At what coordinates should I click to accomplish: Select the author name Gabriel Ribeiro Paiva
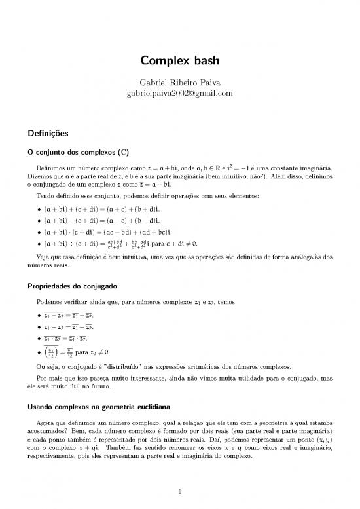pyautogui.click(x=179, y=83)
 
